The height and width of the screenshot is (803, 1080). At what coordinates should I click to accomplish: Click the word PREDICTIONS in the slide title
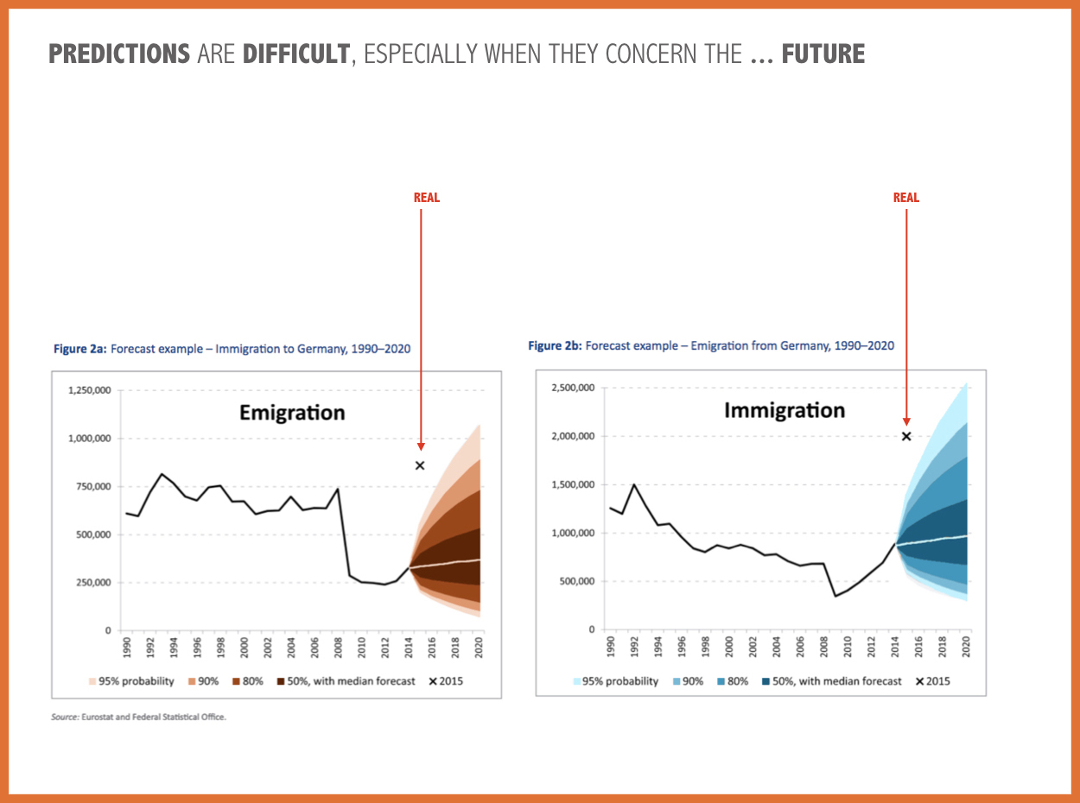[x=119, y=54]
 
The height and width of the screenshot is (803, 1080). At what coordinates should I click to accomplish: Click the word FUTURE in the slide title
[x=823, y=54]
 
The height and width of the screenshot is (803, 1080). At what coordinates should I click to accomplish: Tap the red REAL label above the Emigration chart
[x=427, y=198]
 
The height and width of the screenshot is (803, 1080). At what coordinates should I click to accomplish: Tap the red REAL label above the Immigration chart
[x=906, y=198]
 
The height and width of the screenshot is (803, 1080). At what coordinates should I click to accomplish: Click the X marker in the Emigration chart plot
[x=420, y=465]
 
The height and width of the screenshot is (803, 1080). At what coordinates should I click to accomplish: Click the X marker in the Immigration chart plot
[x=906, y=436]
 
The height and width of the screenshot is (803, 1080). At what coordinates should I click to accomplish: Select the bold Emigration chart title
[x=292, y=413]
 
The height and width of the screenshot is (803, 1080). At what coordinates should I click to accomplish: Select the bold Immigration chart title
[x=784, y=410]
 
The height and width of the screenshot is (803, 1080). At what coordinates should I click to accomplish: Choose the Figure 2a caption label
[x=79, y=349]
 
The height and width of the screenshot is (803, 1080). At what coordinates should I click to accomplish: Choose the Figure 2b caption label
[x=555, y=345]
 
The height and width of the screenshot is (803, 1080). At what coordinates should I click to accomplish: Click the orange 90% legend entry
[x=204, y=681]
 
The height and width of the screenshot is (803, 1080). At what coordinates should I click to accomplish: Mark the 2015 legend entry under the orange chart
[x=446, y=681]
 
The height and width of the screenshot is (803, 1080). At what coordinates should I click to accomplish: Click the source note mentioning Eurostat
[x=138, y=717]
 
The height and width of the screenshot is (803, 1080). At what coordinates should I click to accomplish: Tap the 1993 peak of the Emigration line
[x=162, y=474]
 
